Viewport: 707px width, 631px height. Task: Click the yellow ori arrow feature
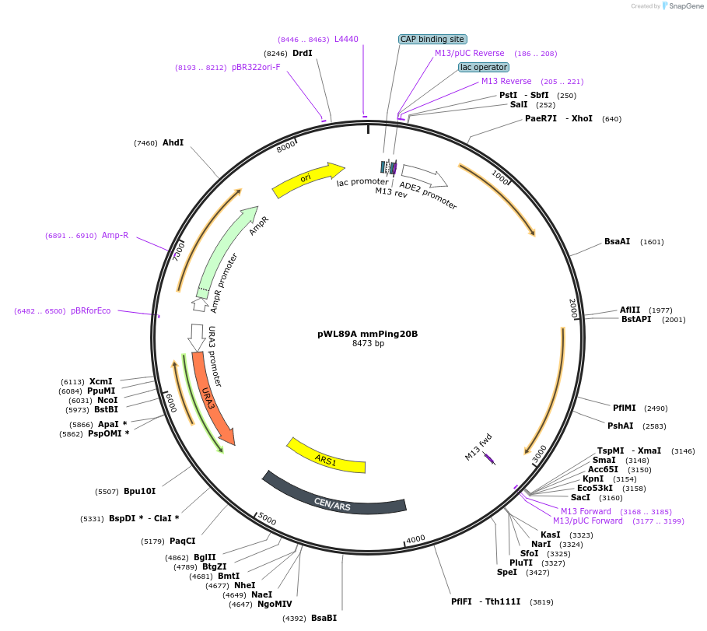click(x=308, y=180)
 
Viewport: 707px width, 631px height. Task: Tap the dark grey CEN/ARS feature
click(x=334, y=499)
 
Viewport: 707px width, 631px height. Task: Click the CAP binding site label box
click(x=432, y=39)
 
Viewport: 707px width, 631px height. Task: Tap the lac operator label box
click(x=484, y=68)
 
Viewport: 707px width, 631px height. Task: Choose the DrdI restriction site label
click(x=303, y=53)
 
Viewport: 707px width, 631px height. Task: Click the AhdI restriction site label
click(x=173, y=142)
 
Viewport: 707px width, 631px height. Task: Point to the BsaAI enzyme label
click(x=617, y=241)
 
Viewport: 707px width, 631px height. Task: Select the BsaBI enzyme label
click(x=324, y=618)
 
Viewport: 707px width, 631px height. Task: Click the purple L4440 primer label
click(x=346, y=39)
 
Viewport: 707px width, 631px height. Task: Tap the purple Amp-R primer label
click(x=115, y=235)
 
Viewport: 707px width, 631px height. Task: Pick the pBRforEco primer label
click(x=90, y=310)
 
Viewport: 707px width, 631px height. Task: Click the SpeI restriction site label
click(x=506, y=572)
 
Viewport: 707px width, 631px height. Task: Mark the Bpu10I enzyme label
click(x=140, y=491)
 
